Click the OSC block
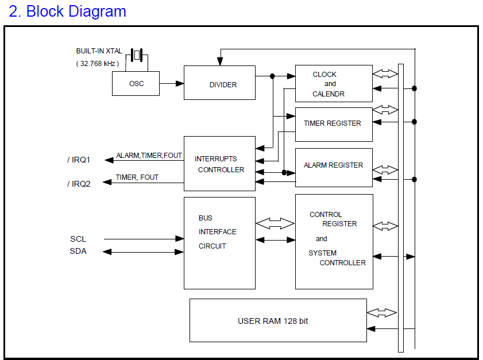pyautogui.click(x=136, y=84)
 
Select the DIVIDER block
pyautogui.click(x=219, y=83)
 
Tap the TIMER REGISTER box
pyautogui.click(x=333, y=123)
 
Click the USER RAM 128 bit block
pyautogui.click(x=278, y=320)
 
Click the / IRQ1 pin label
pyautogui.click(x=79, y=160)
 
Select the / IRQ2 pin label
pyautogui.click(x=79, y=183)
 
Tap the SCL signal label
pyautogui.click(x=78, y=239)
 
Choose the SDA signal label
pyautogui.click(x=78, y=251)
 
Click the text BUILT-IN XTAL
pyautogui.click(x=99, y=51)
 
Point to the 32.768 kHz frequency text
pyautogui.click(x=98, y=64)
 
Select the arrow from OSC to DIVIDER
pyautogui.click(x=172, y=84)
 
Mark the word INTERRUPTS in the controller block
pyautogui.click(x=215, y=158)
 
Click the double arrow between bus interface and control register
pyautogui.click(x=275, y=224)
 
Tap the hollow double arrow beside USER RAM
pyautogui.click(x=382, y=313)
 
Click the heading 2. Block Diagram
pyautogui.click(x=67, y=11)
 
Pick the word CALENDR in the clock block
pyautogui.click(x=329, y=94)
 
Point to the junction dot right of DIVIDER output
pyautogui.click(x=272, y=76)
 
